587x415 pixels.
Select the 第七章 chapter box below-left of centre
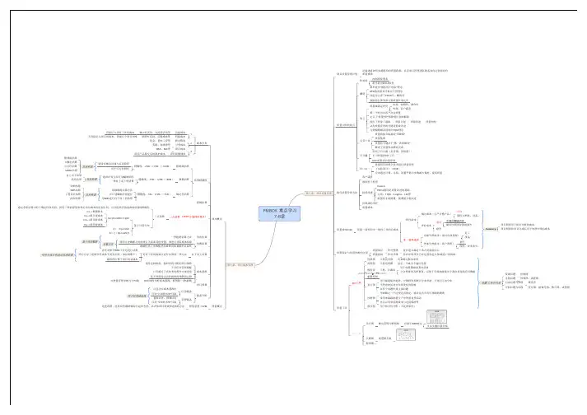(240, 264)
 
